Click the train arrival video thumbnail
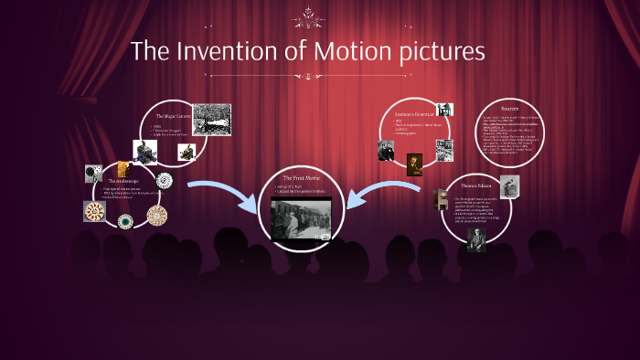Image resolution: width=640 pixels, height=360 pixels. point(301,218)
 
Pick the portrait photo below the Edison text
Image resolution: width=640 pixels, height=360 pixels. point(475,238)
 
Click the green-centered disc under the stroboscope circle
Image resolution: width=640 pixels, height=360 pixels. point(125,221)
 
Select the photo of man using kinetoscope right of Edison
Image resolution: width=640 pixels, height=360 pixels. point(508,186)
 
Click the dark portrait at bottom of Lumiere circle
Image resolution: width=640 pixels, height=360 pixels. point(415,164)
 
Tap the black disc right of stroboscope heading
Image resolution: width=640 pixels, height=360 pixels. point(164,180)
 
